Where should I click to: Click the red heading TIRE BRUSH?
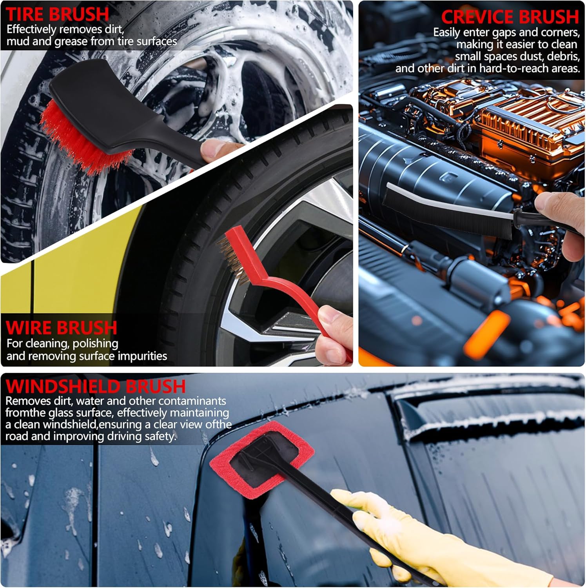(57, 15)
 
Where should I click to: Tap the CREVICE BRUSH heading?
(510, 17)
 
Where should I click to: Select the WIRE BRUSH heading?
(62, 328)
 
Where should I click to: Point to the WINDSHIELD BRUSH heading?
(96, 387)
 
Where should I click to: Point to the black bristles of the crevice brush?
(447, 214)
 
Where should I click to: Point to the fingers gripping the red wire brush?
(333, 333)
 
